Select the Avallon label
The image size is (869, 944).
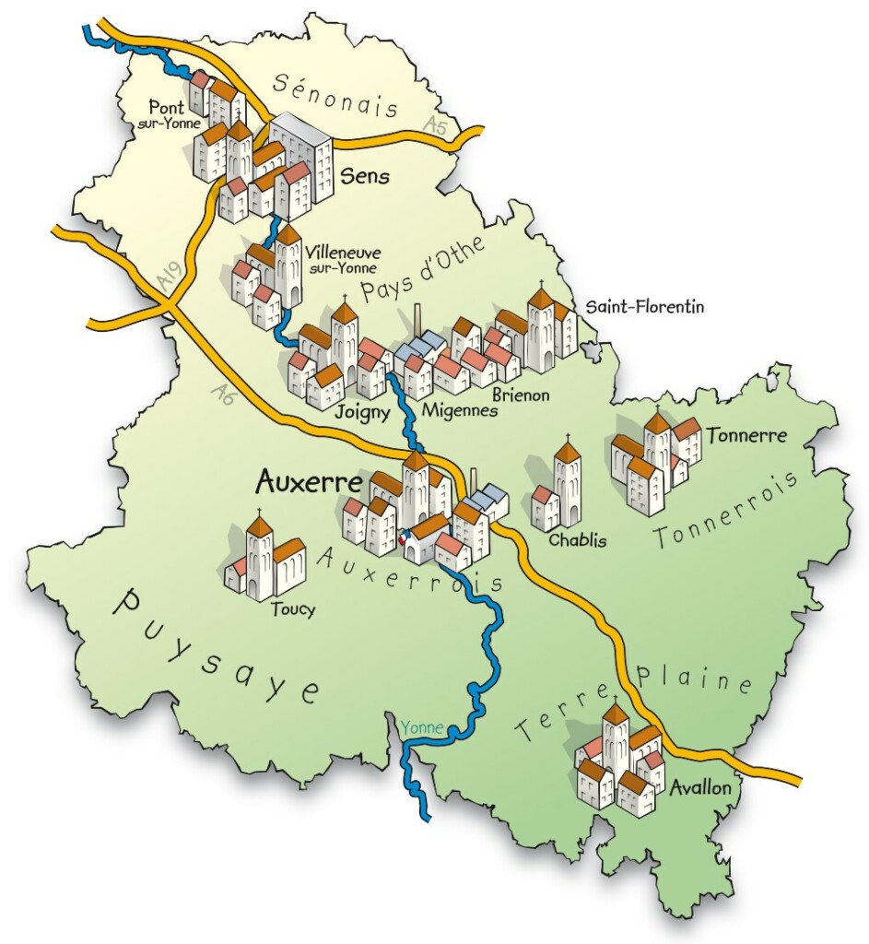[x=701, y=788]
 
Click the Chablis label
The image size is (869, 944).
[x=578, y=540]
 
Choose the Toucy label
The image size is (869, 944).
[x=293, y=609]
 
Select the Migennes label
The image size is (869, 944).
[x=459, y=409]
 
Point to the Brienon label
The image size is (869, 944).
[x=521, y=395]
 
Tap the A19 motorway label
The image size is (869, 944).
[x=166, y=279]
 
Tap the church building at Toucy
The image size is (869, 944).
[x=264, y=557]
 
